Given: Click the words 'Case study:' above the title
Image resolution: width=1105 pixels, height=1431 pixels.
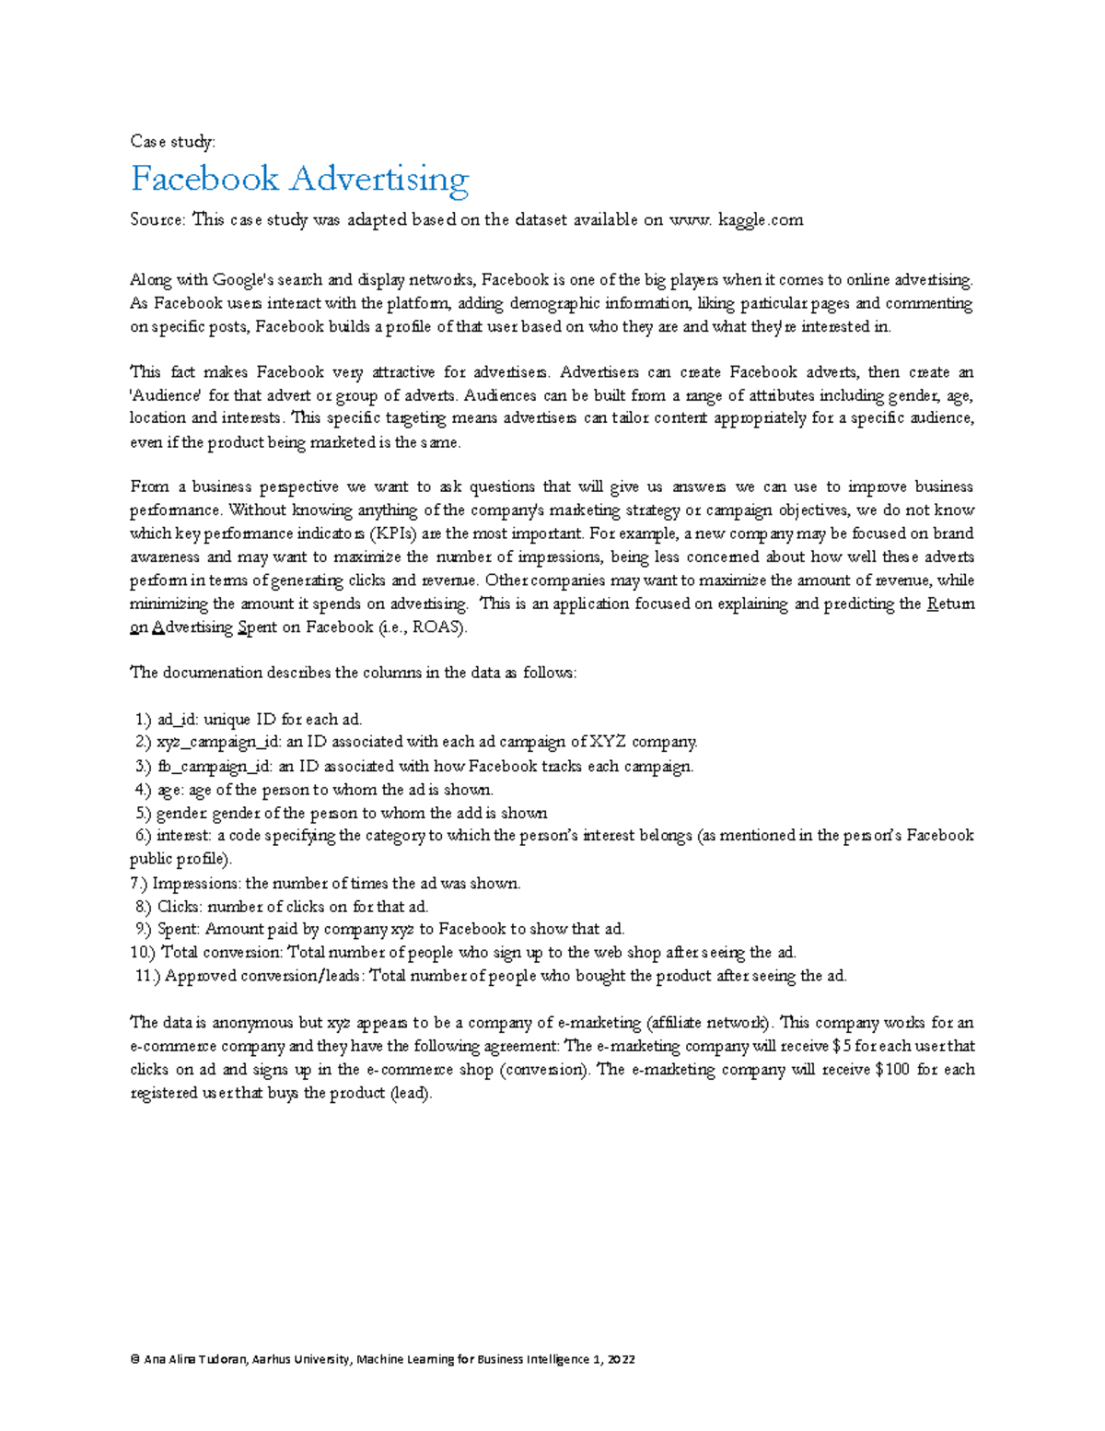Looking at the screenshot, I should pos(172,141).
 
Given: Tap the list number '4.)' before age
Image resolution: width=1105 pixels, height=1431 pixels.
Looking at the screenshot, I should pos(144,790).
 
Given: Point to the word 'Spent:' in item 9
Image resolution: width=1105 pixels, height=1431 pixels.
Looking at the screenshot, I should pos(179,929).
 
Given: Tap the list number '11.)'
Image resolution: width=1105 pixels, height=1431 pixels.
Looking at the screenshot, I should pos(147,976).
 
